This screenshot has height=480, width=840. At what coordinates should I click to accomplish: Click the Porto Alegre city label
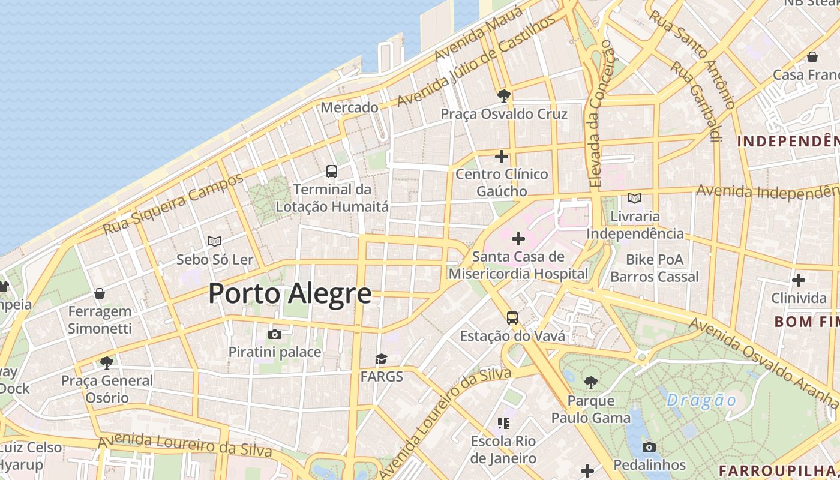[290, 294]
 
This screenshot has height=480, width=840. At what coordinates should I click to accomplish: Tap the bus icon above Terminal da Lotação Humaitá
[332, 172]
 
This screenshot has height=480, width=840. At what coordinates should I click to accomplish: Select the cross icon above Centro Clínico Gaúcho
[502, 157]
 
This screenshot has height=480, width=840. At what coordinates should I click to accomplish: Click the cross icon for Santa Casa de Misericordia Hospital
[518, 239]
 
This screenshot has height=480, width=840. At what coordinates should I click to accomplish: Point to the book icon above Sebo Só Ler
[215, 241]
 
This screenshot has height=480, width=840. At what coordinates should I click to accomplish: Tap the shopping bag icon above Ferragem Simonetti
[100, 293]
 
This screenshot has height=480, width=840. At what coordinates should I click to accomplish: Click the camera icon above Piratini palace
[275, 334]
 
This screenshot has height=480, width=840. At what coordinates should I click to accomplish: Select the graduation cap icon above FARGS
[381, 359]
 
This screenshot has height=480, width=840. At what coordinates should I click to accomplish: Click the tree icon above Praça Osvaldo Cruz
[504, 95]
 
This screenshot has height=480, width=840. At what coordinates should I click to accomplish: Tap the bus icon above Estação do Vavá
[512, 318]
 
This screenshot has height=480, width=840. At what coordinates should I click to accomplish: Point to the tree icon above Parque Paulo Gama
[591, 382]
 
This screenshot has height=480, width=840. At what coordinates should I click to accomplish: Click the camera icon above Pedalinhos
[649, 447]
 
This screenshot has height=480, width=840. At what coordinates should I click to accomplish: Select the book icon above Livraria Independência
[635, 198]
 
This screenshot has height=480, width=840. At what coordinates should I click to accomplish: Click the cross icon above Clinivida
[799, 280]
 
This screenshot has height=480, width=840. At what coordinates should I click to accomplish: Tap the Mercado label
[350, 107]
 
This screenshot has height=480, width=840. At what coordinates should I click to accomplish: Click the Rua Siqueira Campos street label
[173, 204]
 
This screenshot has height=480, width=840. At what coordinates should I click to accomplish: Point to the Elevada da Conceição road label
[602, 114]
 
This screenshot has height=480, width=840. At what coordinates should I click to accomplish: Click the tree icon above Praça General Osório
[107, 362]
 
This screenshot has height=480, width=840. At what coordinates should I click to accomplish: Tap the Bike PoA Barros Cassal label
[655, 268]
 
